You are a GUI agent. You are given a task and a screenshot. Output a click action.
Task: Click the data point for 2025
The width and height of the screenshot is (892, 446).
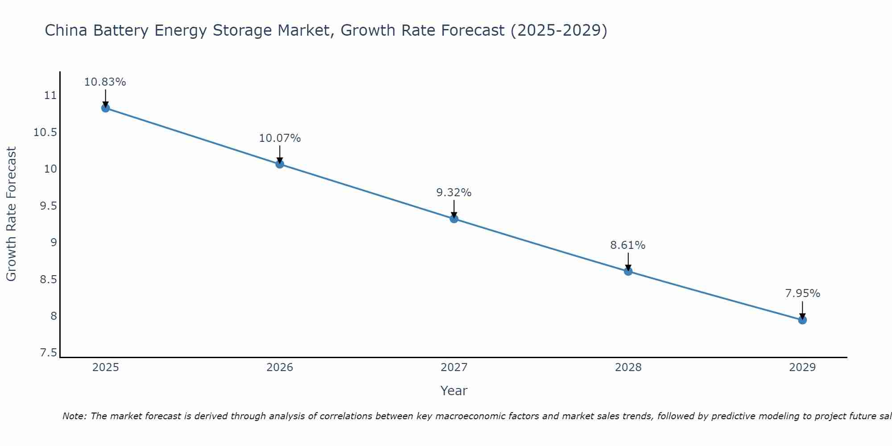coord(106,108)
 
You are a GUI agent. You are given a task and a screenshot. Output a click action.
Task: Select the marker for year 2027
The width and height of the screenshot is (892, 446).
coord(454,219)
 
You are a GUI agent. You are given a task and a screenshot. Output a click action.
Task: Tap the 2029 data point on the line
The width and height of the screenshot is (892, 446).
coord(802,320)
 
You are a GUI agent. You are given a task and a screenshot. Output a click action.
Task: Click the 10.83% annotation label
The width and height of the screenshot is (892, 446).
coord(105,82)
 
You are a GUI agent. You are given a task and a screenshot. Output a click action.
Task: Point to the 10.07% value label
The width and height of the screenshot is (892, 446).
coord(280,138)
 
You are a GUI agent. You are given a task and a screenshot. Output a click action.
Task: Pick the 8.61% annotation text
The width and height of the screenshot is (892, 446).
coord(628,245)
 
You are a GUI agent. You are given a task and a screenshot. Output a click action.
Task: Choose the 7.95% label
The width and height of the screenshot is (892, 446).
coord(802,293)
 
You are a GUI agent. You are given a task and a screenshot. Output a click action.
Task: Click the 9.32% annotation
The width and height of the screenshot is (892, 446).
coord(454,193)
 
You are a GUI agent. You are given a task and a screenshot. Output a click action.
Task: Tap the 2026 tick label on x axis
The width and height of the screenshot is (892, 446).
coord(280,368)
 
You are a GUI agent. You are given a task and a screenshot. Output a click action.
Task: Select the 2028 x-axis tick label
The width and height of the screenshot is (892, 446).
coord(628,368)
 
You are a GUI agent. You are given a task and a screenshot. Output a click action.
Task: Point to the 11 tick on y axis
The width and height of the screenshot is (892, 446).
coord(50,95)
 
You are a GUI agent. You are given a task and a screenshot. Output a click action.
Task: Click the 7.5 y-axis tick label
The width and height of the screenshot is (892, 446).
coord(49,353)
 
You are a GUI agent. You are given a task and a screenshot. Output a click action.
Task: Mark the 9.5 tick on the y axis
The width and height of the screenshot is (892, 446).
coord(49,206)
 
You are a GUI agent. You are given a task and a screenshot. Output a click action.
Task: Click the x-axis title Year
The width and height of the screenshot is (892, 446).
coord(454,391)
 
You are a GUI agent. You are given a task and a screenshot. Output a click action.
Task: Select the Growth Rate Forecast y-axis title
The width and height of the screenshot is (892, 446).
coord(11,214)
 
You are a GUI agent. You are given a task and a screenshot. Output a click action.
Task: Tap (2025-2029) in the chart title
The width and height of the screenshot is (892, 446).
coord(559,30)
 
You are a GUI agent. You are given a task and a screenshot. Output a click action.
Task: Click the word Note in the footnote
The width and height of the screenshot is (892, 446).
coord(74,416)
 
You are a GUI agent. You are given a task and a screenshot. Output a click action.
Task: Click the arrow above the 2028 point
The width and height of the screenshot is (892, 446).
coord(628,261)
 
